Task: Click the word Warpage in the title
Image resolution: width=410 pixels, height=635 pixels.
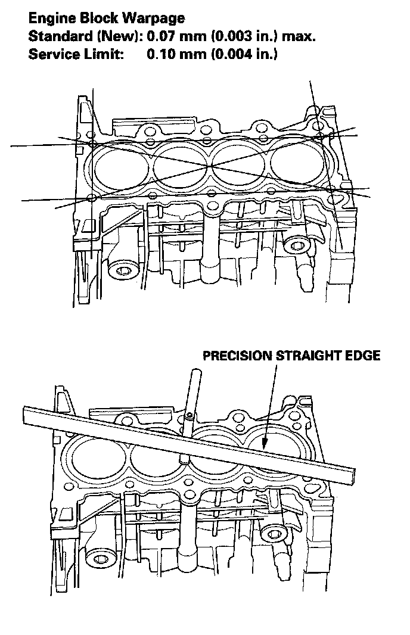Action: pyautogui.click(x=153, y=20)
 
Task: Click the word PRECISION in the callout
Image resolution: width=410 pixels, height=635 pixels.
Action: pyautogui.click(x=237, y=356)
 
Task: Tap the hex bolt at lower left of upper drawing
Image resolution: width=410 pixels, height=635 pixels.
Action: pyautogui.click(x=124, y=272)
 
